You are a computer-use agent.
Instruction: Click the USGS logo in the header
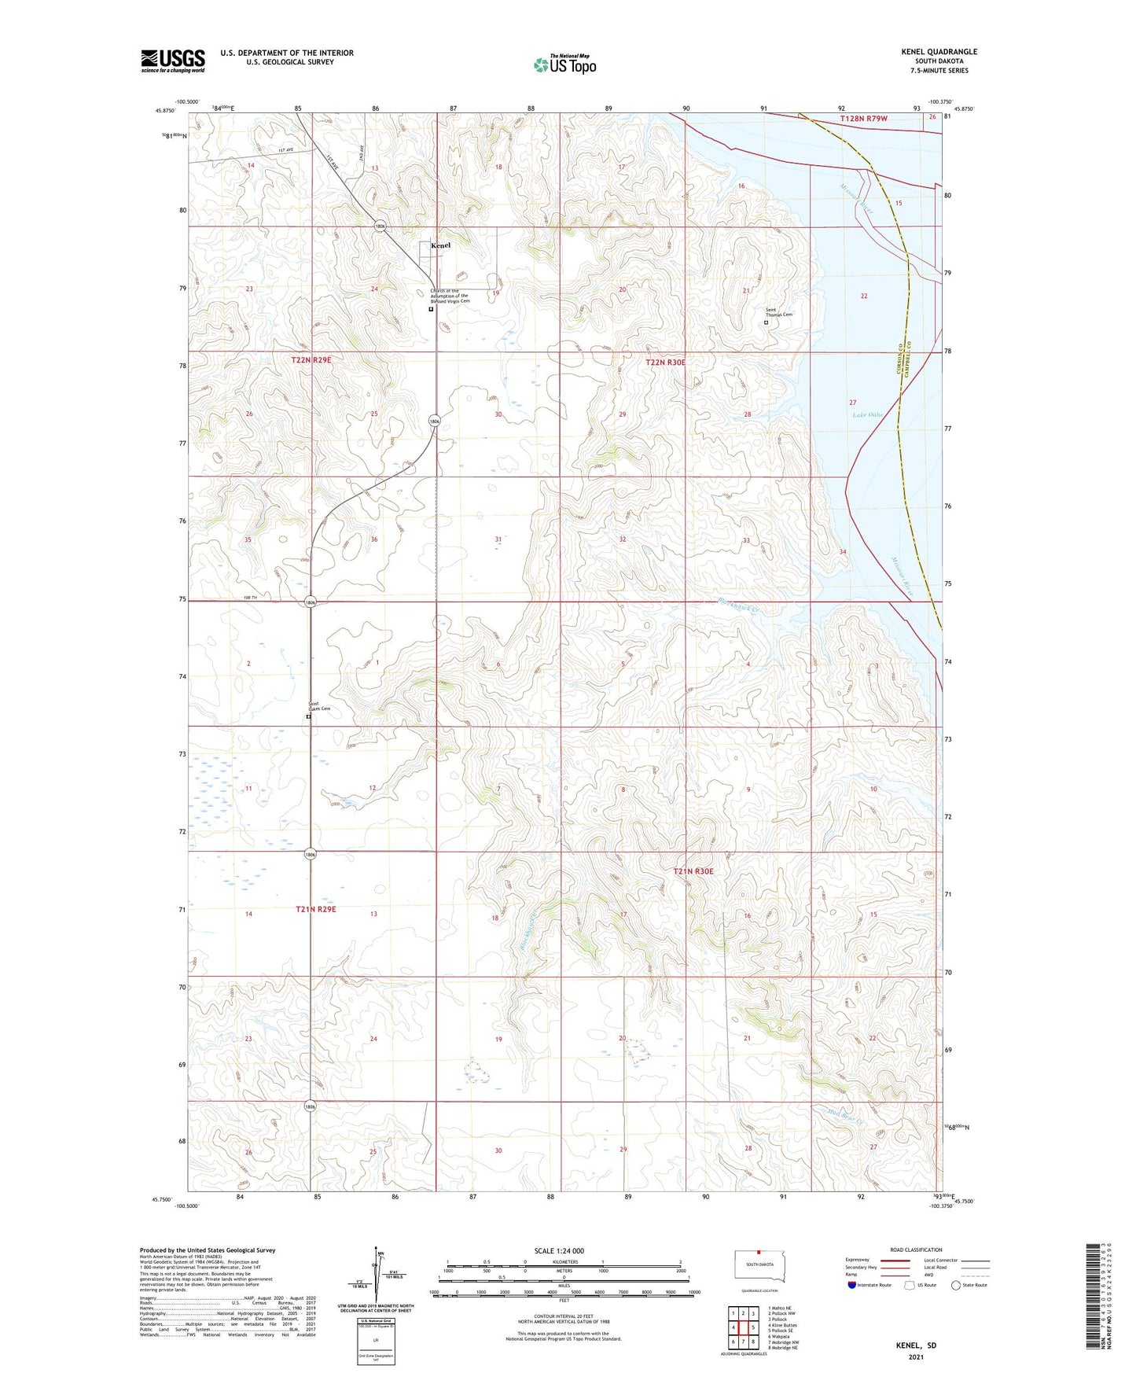(173, 61)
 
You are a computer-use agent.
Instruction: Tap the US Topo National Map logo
(564, 64)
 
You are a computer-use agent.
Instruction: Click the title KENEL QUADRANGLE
(939, 52)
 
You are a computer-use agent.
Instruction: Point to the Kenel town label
(440, 245)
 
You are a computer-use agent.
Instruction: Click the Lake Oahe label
(867, 414)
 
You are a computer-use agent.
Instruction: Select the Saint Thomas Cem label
(779, 312)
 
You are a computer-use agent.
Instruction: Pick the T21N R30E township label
(693, 871)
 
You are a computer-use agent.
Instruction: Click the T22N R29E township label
(311, 359)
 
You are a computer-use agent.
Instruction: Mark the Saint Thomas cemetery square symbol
(766, 322)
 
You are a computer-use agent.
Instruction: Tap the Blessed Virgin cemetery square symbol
(430, 309)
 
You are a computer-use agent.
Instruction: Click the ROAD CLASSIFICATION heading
(916, 1250)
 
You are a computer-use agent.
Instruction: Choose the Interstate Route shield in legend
(853, 1285)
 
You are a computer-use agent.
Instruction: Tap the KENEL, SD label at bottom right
(916, 1345)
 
